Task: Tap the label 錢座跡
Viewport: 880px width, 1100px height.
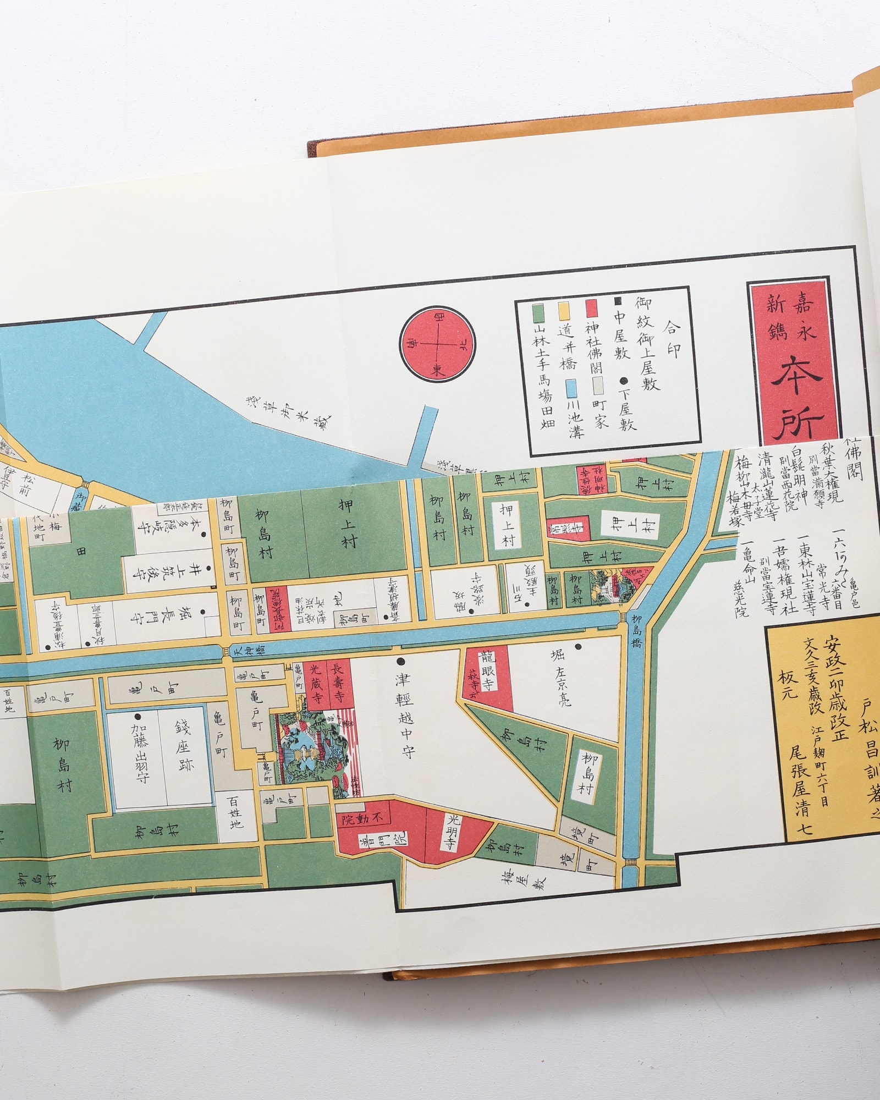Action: click(184, 747)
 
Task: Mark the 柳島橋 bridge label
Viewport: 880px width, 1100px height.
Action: click(636, 632)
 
